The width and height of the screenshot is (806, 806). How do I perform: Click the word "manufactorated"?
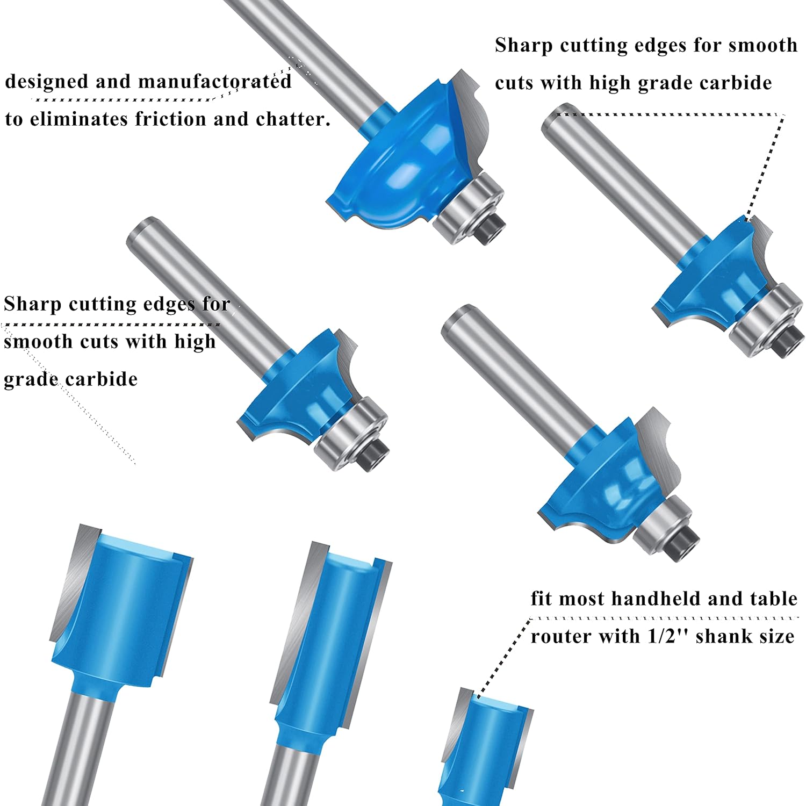(x=215, y=82)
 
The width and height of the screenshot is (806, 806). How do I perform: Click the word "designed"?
(x=47, y=82)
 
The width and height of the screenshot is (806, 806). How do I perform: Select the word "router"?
(x=562, y=637)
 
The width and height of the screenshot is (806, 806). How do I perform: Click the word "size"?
(x=774, y=636)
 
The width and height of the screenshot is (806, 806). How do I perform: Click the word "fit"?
(x=542, y=599)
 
